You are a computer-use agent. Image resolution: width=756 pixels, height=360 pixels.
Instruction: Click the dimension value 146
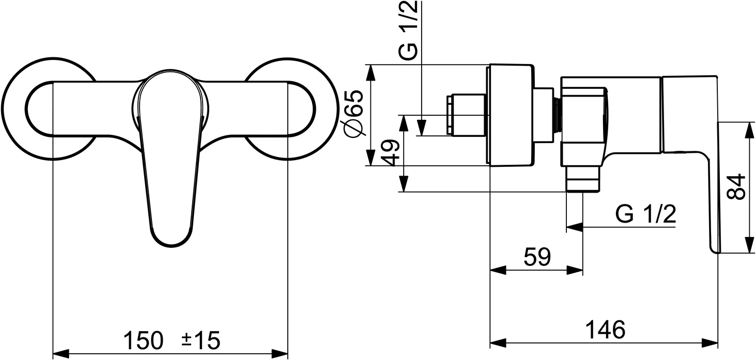point(605,329)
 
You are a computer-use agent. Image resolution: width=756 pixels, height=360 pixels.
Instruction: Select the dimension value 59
point(537,257)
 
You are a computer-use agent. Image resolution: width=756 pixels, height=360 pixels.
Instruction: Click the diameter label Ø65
point(356,114)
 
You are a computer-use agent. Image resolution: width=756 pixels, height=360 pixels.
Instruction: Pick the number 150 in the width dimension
point(143,340)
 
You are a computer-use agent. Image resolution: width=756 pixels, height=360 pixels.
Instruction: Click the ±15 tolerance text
point(200,340)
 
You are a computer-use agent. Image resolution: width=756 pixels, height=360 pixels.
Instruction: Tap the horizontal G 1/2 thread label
point(646,214)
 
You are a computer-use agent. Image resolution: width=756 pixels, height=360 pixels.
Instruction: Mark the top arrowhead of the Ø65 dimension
point(371,72)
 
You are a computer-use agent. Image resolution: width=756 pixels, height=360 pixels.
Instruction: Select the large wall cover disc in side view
point(510,115)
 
